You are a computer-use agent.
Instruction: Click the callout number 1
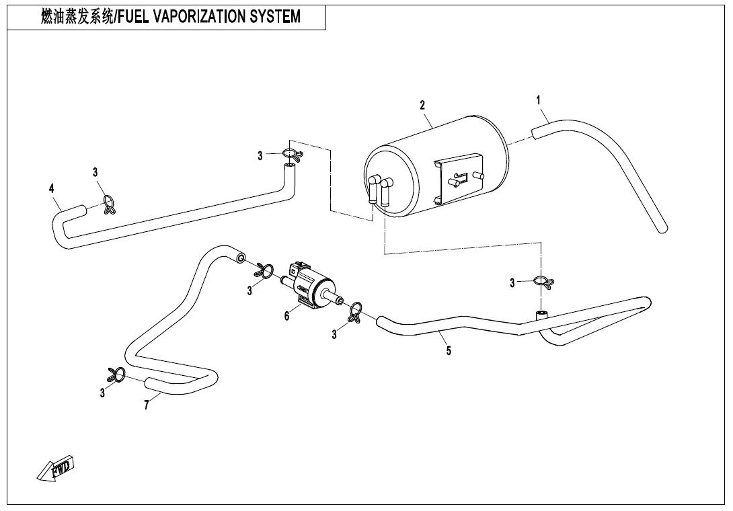coord(539,100)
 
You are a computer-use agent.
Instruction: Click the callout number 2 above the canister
coord(422,105)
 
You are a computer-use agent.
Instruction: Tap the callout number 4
coord(52,189)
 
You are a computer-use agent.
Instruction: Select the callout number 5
coord(449,350)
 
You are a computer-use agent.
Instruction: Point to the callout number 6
coord(286,316)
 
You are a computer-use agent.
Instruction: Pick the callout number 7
coord(146,405)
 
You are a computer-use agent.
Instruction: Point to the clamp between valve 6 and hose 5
coord(354,311)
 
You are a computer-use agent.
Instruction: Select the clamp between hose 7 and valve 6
coord(263,271)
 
